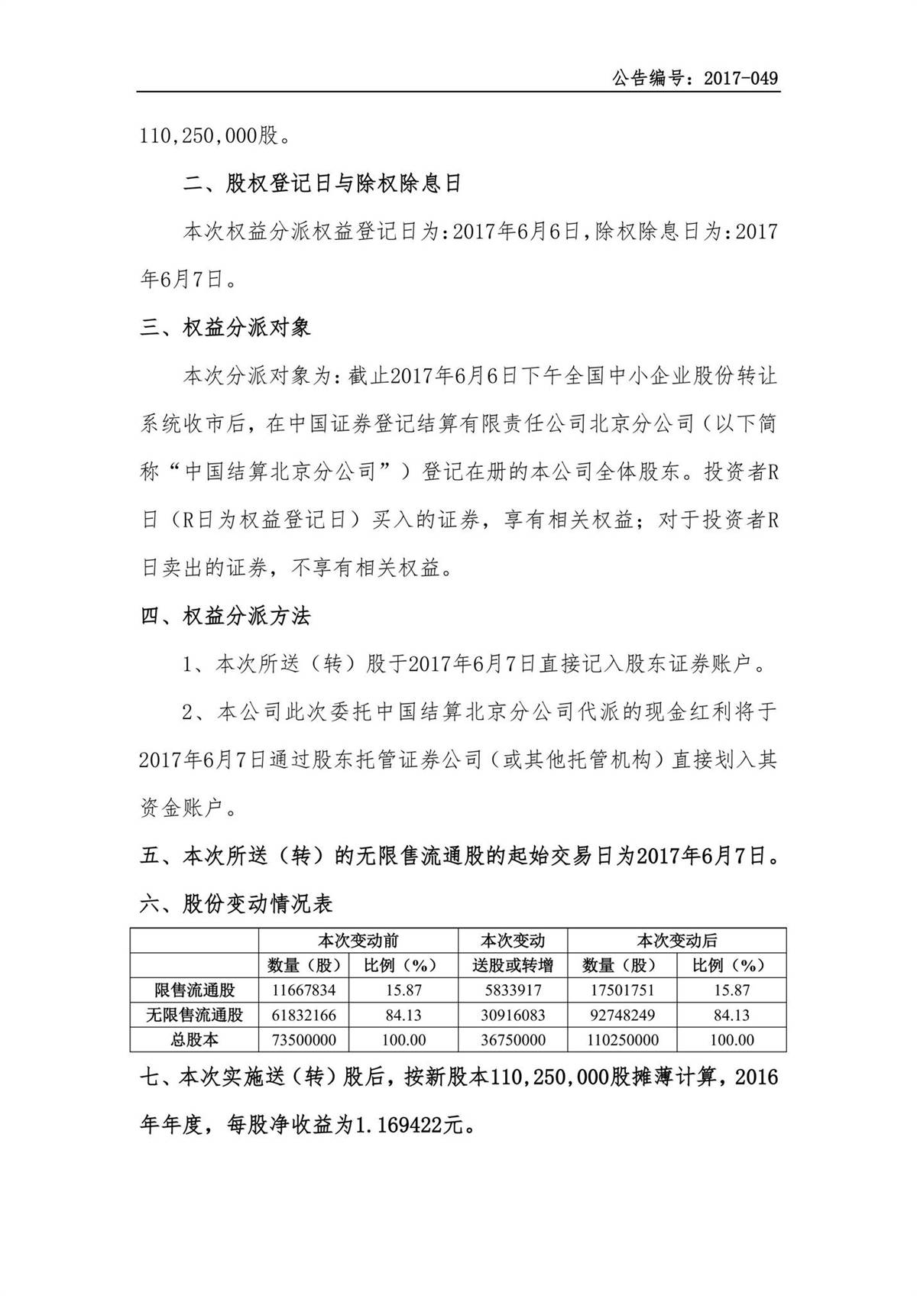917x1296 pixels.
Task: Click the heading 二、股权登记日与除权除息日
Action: click(x=323, y=183)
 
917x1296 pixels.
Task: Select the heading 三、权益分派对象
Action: click(x=226, y=328)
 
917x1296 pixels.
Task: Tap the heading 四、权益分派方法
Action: click(x=226, y=616)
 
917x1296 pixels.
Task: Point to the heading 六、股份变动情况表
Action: click(x=237, y=904)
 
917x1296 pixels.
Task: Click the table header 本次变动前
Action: click(x=358, y=940)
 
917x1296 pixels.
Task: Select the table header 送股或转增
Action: click(x=513, y=965)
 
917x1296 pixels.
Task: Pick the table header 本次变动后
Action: click(x=676, y=940)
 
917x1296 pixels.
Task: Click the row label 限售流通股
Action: click(x=194, y=990)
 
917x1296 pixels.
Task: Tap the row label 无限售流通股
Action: click(x=194, y=1016)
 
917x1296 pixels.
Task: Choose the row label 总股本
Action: click(x=194, y=1040)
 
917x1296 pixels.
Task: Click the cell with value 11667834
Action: click(x=303, y=990)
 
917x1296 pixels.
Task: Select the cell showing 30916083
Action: click(x=513, y=1016)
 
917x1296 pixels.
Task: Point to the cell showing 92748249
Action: click(x=621, y=1016)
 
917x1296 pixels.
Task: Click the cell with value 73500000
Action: click(x=303, y=1040)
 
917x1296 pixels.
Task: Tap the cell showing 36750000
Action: click(x=513, y=1040)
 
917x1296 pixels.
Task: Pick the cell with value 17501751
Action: click(x=621, y=990)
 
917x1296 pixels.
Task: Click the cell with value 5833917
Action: click(x=513, y=990)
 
